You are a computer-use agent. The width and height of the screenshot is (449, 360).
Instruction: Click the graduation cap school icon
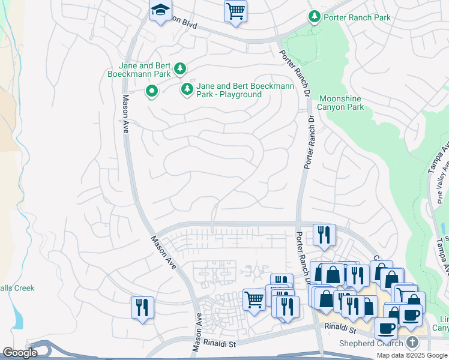160,11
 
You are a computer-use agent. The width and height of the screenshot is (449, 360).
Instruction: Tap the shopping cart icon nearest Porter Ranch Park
235,11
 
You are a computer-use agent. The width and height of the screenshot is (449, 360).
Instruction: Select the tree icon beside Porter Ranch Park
313,17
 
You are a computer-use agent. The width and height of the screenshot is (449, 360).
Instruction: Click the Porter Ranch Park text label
357,17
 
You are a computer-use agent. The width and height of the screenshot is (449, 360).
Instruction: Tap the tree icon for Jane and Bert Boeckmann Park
180,70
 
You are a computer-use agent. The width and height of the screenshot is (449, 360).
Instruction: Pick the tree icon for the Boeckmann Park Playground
187,90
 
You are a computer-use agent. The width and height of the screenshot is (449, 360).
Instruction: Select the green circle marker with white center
152,91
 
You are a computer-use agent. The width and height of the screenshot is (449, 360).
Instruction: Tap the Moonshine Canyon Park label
341,103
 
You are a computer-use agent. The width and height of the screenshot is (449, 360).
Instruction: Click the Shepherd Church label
373,343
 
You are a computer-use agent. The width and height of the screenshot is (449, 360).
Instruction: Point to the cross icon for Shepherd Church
412,343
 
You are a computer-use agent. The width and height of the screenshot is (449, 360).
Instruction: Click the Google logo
20,353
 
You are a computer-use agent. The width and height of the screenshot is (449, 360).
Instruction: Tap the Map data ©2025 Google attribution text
412,355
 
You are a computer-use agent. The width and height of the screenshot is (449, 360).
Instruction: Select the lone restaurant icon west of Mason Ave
142,307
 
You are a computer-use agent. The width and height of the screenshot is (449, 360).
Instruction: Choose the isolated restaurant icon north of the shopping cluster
324,234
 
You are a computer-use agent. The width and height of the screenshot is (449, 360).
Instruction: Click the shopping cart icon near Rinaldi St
254,298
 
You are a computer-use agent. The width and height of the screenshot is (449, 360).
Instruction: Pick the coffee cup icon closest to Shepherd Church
386,328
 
